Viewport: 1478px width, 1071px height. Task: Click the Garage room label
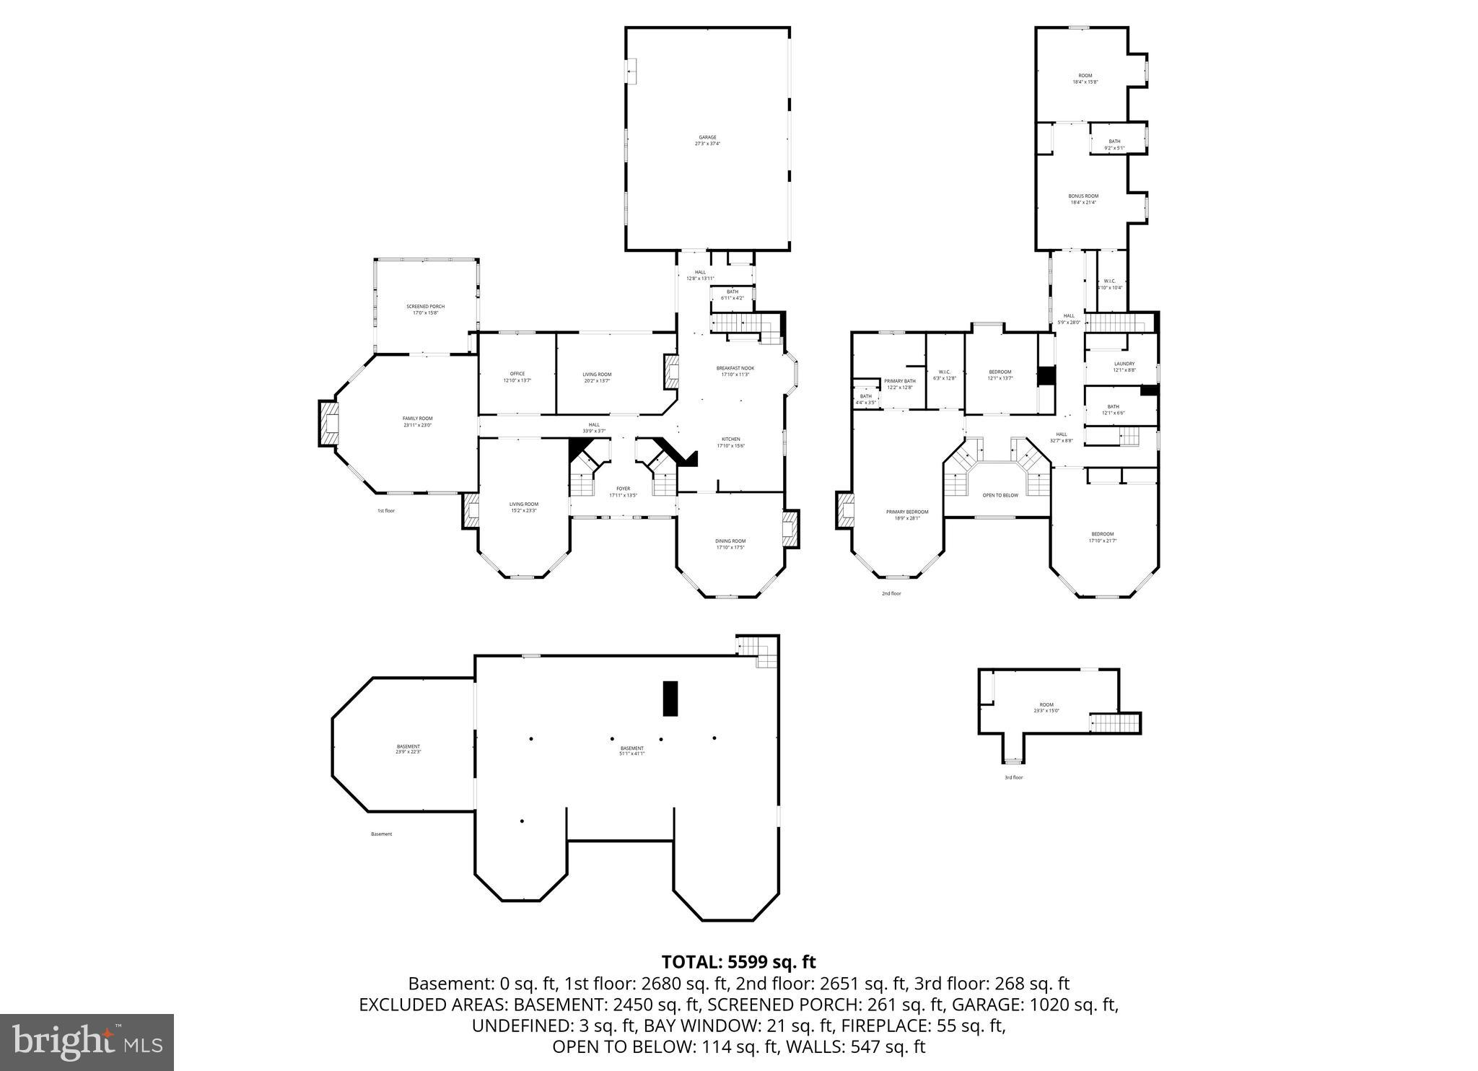(x=707, y=140)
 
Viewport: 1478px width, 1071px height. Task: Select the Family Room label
(x=417, y=421)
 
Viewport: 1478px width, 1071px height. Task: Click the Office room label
(x=517, y=377)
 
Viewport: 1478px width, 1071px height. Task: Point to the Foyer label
(x=623, y=491)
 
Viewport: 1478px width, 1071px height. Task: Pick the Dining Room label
(x=730, y=543)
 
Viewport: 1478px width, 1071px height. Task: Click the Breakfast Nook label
(x=735, y=371)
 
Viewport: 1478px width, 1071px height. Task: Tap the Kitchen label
(x=730, y=442)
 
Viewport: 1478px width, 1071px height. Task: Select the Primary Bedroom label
(x=907, y=514)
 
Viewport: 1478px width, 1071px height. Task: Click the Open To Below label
(x=1000, y=495)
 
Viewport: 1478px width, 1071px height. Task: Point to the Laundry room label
(x=1124, y=367)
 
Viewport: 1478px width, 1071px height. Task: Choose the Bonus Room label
(x=1083, y=198)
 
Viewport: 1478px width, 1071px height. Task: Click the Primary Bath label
(x=899, y=383)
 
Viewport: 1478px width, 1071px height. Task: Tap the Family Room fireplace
(x=328, y=424)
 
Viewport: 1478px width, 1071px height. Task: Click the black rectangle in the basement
(x=670, y=698)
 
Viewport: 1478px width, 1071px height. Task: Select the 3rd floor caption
(x=1013, y=777)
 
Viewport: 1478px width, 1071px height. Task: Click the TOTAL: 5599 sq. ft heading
(x=738, y=961)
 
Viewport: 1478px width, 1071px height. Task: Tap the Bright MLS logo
(x=87, y=1042)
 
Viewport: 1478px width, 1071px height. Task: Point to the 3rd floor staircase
(x=1114, y=722)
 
